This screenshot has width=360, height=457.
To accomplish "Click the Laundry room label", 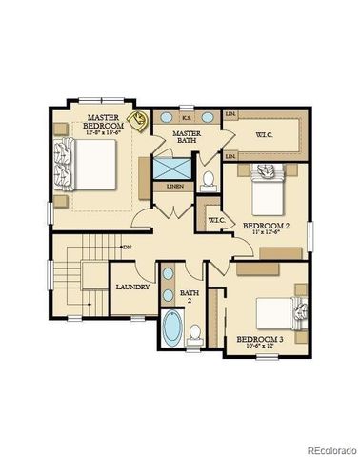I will pyautogui.click(x=132, y=287).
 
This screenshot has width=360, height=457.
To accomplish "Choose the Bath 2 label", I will pyautogui.click(x=190, y=296).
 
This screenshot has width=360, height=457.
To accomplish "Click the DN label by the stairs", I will pyautogui.click(x=128, y=248).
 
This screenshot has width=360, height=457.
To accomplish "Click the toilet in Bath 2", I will pyautogui.click(x=195, y=333).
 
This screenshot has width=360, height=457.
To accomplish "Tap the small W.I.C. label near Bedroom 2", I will pyautogui.click(x=215, y=220).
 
